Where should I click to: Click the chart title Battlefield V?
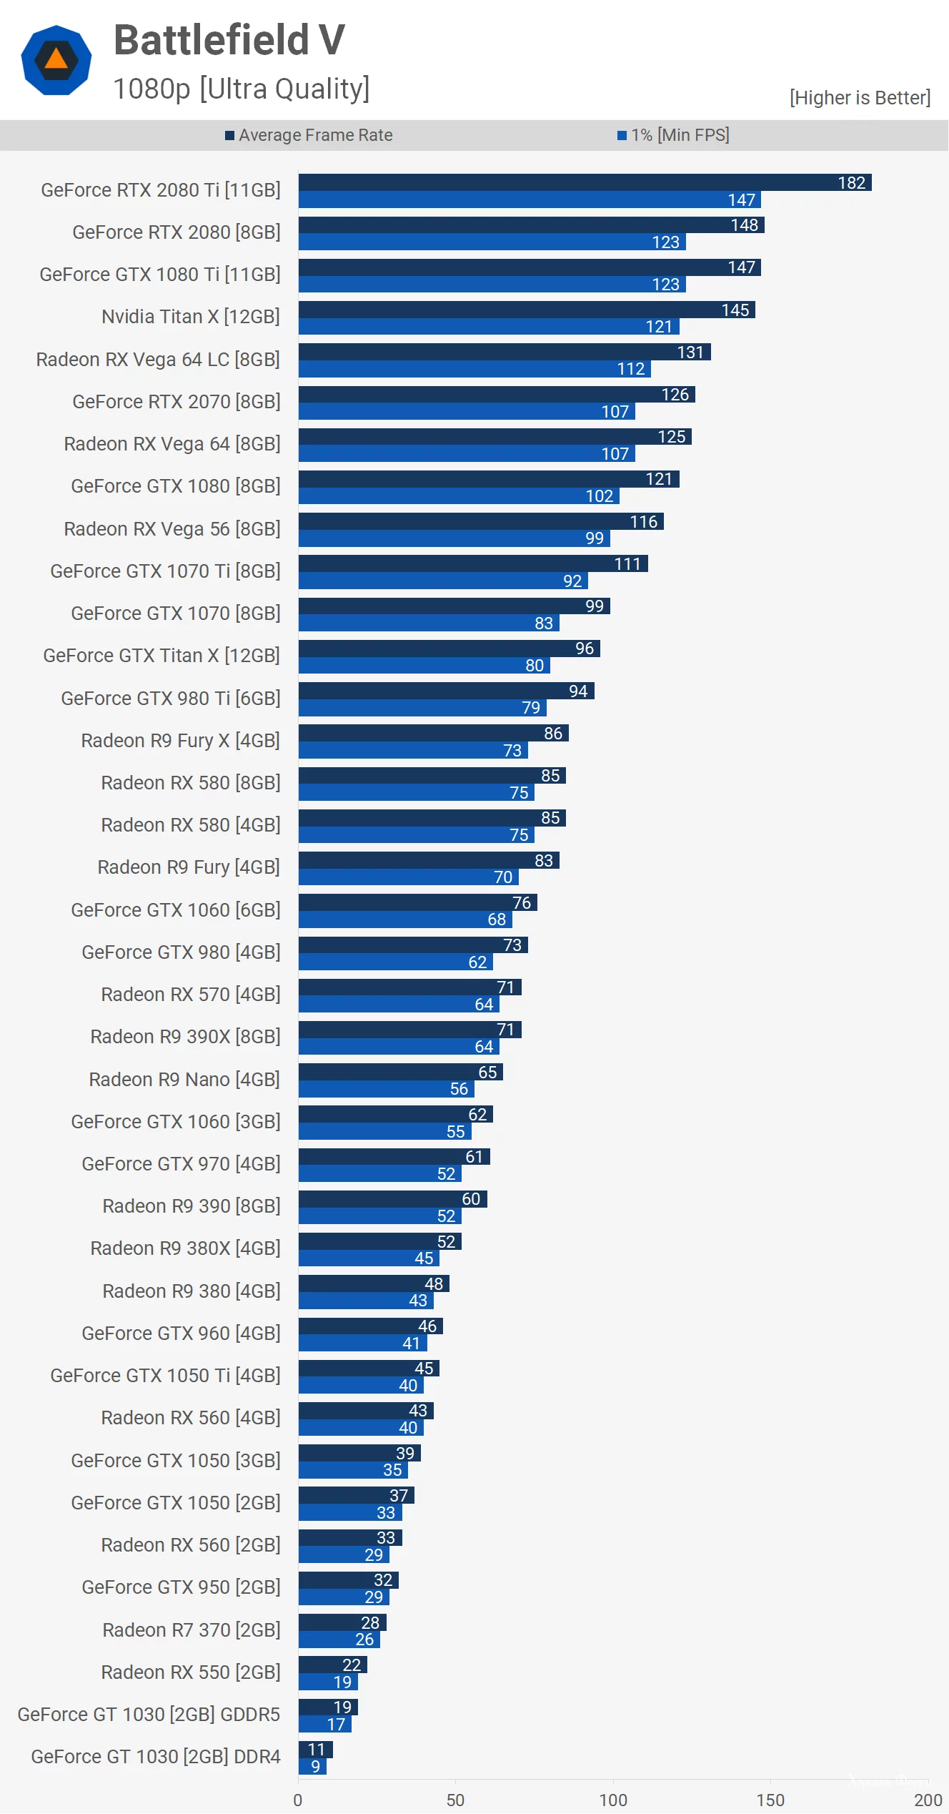pos(229,40)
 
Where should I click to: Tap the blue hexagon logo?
pos(56,60)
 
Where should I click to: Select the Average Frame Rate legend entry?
pos(309,135)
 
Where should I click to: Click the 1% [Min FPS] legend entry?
pos(673,135)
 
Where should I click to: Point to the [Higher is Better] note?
pos(859,97)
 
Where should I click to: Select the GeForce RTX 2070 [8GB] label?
pos(176,402)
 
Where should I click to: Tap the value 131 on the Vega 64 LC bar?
pos(690,352)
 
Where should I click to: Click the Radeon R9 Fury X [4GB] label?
pos(180,741)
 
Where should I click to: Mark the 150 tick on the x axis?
pos(770,1800)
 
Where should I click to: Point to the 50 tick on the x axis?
pos(455,1800)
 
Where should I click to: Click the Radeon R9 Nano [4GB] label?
pos(184,1080)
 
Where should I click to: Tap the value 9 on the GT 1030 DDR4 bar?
pos(315,1766)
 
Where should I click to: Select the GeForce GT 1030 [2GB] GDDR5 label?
pos(149,1715)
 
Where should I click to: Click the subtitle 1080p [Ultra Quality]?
pos(242,89)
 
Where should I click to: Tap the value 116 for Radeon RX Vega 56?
pos(643,521)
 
